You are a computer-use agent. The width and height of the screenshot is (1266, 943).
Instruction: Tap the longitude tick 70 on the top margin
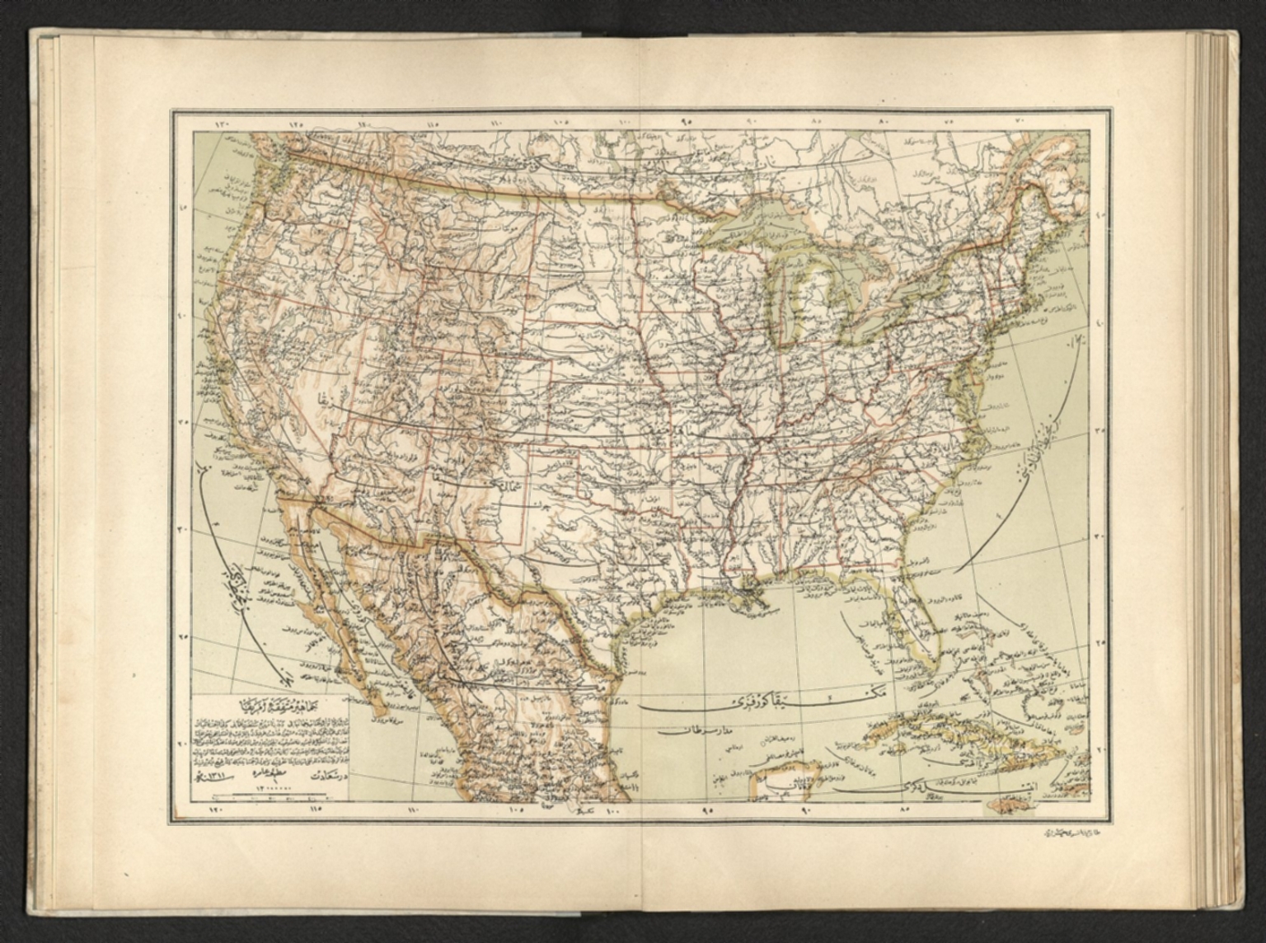click(1020, 121)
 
